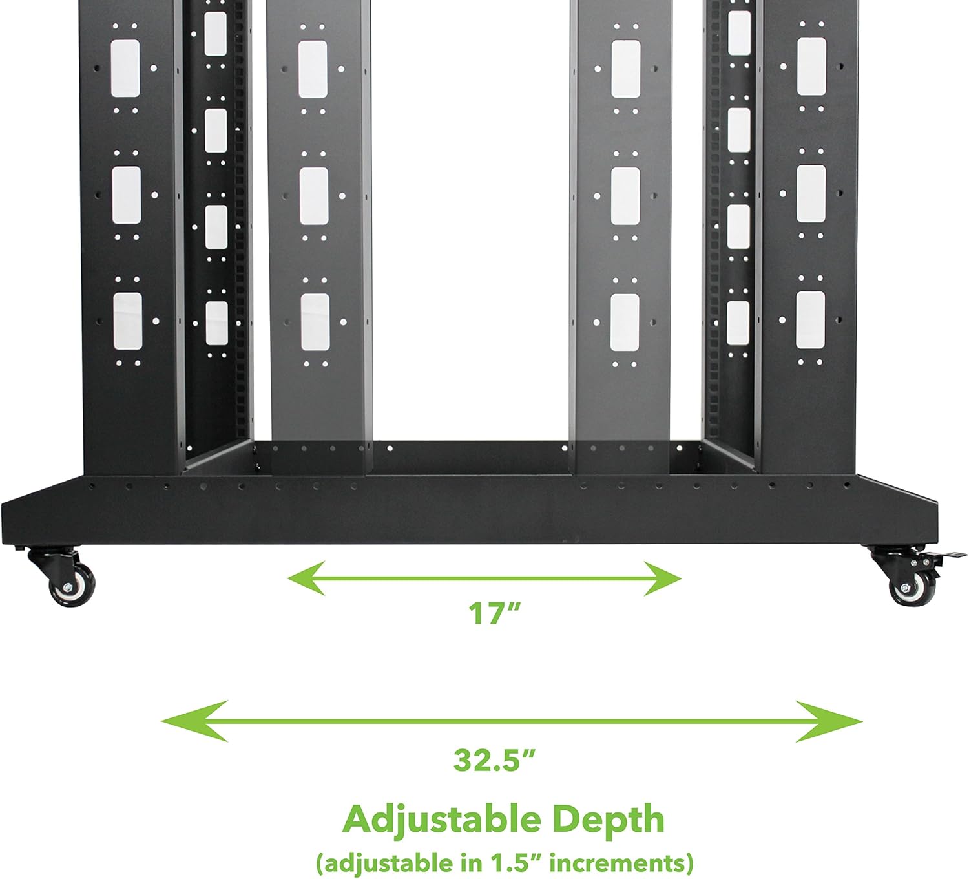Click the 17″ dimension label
click(x=494, y=613)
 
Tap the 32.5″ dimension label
click(x=495, y=760)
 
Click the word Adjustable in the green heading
click(x=441, y=820)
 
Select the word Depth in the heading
click(x=608, y=820)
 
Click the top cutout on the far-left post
click(x=125, y=69)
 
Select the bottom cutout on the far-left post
click(x=127, y=321)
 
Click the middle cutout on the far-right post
click(x=811, y=194)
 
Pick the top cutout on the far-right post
click(x=811, y=67)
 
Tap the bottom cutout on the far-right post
click(x=810, y=320)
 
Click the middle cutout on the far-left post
click(x=126, y=195)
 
